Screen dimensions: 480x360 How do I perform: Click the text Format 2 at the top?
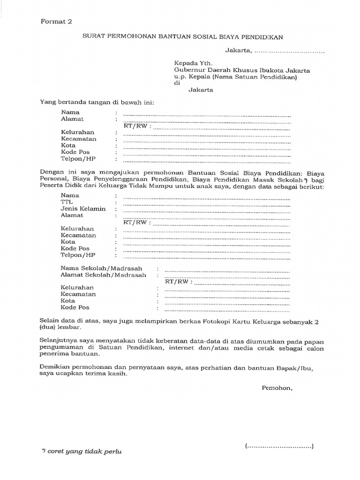click(56, 21)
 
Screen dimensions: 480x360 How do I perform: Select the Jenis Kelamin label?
click(83, 209)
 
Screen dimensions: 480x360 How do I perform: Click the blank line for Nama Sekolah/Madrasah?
click(227, 271)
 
